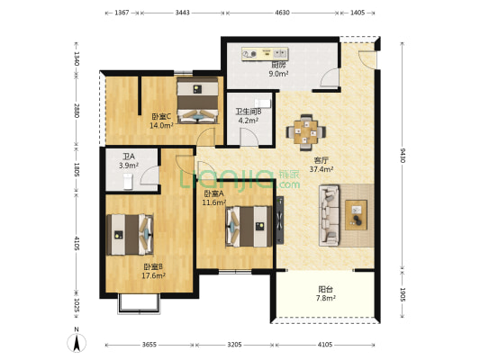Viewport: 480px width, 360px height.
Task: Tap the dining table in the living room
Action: coord(306,132)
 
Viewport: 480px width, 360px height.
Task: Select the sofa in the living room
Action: coord(329,215)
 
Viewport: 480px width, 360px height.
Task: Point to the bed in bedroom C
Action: coord(198,100)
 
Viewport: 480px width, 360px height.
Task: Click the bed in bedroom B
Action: coord(130,235)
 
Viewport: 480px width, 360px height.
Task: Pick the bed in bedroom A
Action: coord(249,227)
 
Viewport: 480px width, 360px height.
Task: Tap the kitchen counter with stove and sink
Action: coord(265,54)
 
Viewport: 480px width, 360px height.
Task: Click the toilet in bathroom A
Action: coord(128,181)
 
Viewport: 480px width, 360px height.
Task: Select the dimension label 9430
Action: coord(403,155)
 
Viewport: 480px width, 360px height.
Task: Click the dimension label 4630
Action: coord(282,13)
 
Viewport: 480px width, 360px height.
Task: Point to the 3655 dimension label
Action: coord(149,345)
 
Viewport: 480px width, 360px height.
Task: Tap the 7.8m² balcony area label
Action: coord(326,298)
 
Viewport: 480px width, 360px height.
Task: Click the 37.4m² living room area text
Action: coord(322,169)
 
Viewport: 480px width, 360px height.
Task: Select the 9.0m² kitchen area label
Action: coord(278,74)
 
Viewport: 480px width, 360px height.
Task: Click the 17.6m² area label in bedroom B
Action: coord(153,275)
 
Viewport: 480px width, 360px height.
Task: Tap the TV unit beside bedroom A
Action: coord(280,220)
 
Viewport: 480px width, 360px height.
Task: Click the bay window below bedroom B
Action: coord(139,303)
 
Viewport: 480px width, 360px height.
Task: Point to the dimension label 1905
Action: coord(403,294)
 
